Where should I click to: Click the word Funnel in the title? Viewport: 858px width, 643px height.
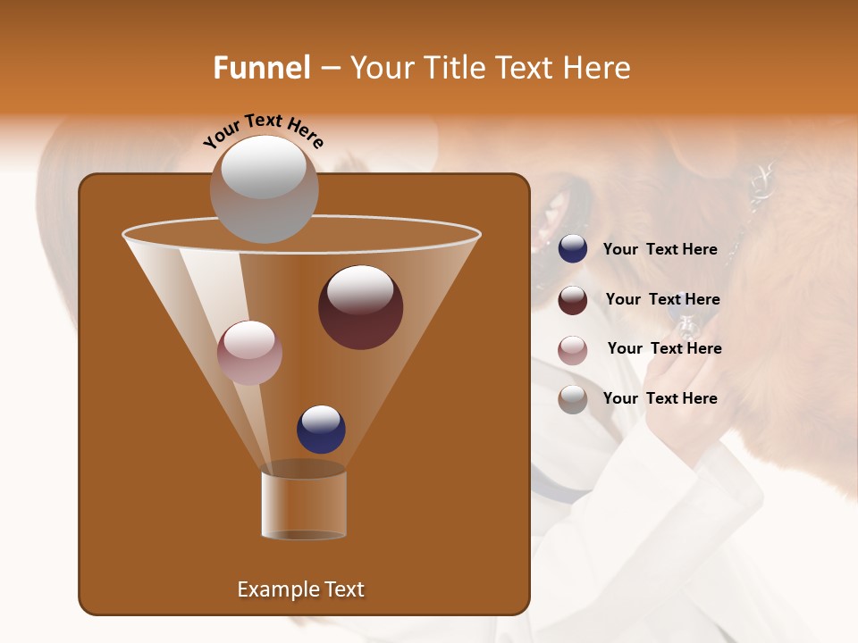(262, 68)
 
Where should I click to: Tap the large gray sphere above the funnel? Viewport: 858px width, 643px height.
(264, 188)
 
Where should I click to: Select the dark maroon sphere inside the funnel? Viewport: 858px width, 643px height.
(360, 307)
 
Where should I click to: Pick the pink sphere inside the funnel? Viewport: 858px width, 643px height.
(249, 352)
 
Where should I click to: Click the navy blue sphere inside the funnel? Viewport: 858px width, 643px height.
(321, 429)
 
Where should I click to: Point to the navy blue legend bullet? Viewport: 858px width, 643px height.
(573, 249)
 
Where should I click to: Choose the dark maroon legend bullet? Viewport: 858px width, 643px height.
(573, 299)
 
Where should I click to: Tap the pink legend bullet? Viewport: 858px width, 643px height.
(573, 349)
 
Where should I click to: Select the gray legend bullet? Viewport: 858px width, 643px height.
(573, 399)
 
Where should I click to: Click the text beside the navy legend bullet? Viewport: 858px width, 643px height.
(660, 249)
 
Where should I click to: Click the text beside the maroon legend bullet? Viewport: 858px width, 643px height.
(662, 299)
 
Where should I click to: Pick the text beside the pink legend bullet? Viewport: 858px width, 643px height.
(664, 348)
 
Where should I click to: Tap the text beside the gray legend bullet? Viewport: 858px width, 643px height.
(660, 398)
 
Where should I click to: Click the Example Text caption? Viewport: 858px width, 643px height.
(300, 589)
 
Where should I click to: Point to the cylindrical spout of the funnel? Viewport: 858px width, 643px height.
(304, 505)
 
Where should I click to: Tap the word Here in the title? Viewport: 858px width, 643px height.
(594, 68)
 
